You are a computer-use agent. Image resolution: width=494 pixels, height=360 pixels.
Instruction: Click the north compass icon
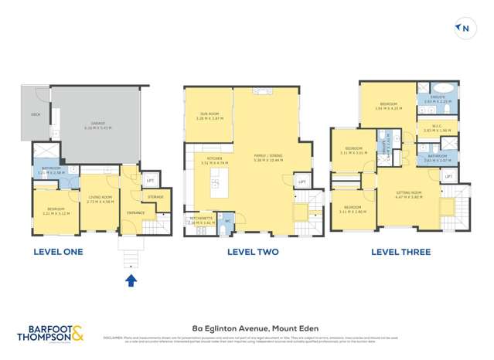pos(465,29)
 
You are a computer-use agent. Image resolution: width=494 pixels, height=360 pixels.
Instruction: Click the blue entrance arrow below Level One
pos(131,280)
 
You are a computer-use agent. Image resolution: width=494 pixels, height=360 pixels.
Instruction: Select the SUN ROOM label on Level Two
pos(209,116)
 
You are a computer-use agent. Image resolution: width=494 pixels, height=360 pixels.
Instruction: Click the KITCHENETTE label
pos(200,219)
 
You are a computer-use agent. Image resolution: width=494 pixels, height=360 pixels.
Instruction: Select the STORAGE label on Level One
pos(155,197)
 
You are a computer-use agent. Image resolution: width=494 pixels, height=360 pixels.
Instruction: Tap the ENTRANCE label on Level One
pos(136,212)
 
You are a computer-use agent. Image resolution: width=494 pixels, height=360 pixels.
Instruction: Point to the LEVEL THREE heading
pos(400,252)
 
